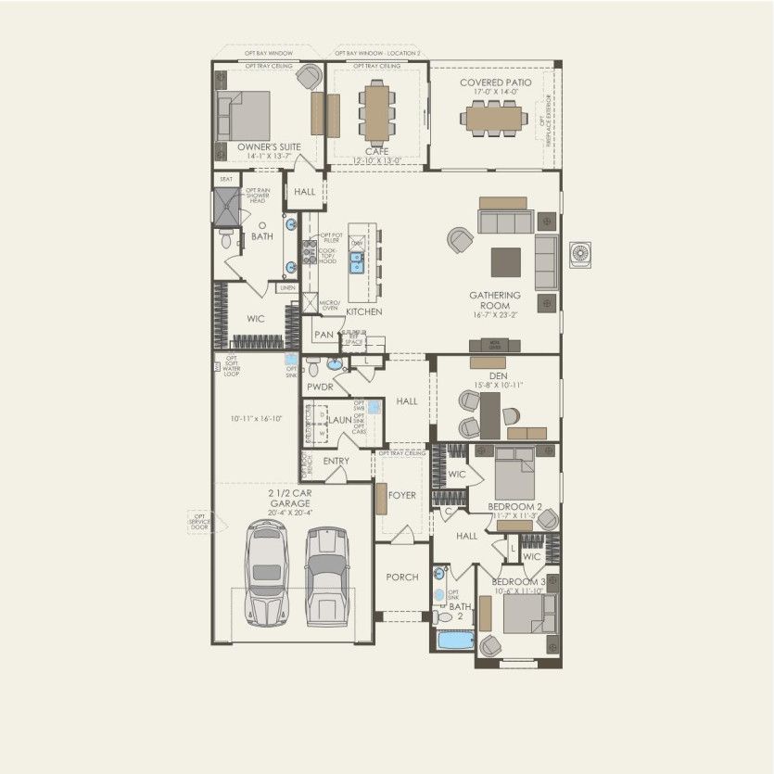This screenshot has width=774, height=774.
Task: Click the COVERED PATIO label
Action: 494,82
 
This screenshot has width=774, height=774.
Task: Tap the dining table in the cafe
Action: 376,110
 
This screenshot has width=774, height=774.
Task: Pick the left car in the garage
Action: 266,575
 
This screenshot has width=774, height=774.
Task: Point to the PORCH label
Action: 402,577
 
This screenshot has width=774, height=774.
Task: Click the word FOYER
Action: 402,495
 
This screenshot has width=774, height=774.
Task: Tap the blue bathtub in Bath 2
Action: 454,641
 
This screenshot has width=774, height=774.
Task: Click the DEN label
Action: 499,374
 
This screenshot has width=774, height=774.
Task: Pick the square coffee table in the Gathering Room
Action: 506,261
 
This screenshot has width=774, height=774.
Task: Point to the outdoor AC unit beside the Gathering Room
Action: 581,254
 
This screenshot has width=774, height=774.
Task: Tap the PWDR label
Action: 320,386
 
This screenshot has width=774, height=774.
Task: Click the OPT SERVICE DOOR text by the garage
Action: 200,522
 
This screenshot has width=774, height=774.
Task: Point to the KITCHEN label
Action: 364,312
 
